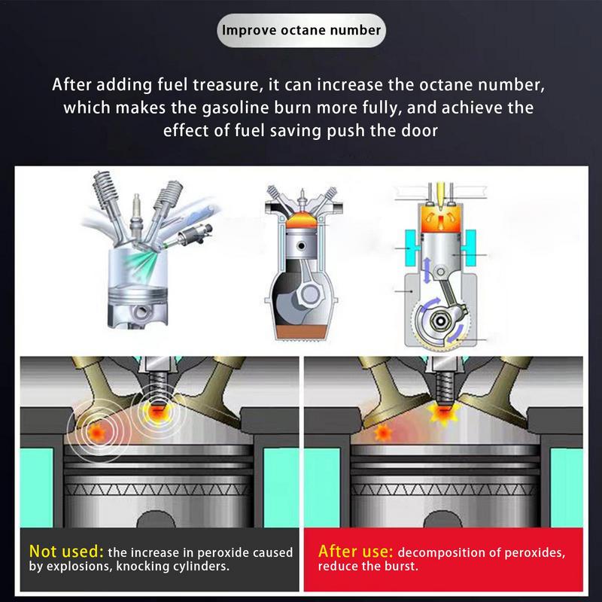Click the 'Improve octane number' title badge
tap(301, 31)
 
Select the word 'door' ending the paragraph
tap(417, 130)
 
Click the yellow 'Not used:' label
tap(66, 552)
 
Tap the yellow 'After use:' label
tap(356, 551)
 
